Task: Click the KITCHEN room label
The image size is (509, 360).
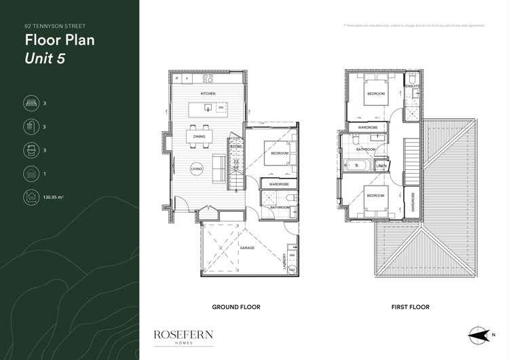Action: coord(208,92)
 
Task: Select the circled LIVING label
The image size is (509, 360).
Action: coord(196,168)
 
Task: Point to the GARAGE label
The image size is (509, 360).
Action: coord(246,249)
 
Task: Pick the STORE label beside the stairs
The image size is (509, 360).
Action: coord(236,146)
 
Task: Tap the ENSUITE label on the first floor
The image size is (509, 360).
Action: coord(413,87)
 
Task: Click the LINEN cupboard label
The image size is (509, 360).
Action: coord(382,166)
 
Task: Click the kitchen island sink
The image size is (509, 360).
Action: coord(221,108)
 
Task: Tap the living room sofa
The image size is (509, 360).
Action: coord(219,167)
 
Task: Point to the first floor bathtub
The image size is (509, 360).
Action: coord(358,165)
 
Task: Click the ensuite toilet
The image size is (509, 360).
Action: coord(415,98)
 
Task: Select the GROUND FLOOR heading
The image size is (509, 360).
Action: coord(236,307)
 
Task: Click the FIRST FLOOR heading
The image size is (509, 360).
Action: coord(410,307)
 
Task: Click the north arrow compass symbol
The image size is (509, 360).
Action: coord(478,334)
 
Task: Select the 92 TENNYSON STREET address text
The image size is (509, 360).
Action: coord(50,25)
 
